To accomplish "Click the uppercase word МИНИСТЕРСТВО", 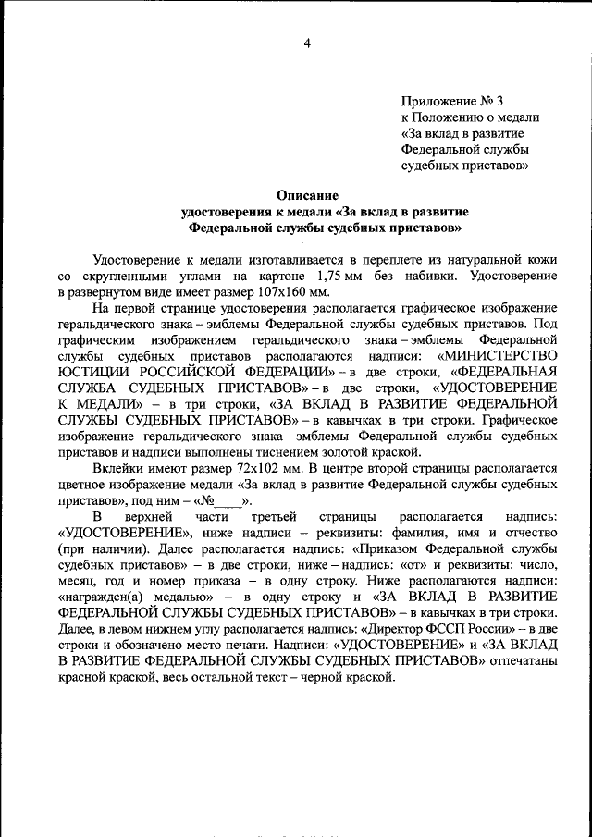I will tap(499, 353).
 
